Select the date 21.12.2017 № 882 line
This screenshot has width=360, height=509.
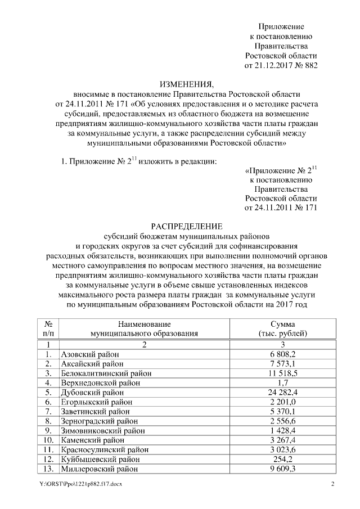[281, 66]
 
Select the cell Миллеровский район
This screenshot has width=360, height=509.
[98, 469]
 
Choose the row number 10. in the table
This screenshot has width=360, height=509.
[49, 440]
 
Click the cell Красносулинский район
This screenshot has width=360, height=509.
[102, 450]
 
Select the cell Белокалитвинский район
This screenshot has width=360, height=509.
[105, 373]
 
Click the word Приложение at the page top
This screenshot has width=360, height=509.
[281, 27]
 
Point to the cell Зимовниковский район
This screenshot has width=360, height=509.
[102, 431]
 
